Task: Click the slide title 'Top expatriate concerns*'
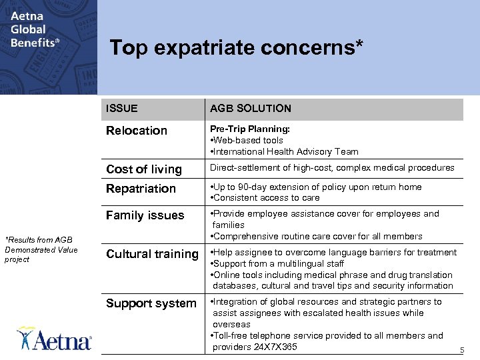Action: tap(237, 47)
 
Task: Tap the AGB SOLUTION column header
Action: tap(251, 108)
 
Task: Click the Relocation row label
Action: tap(137, 131)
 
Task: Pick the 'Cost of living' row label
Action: tap(144, 169)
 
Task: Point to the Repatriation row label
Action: tap(141, 189)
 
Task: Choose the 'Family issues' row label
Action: tap(145, 215)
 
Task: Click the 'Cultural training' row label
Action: tap(152, 254)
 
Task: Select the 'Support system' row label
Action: tap(151, 303)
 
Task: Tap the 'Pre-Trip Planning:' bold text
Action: tap(250, 129)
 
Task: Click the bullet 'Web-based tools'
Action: tap(247, 140)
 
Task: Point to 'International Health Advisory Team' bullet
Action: tap(285, 151)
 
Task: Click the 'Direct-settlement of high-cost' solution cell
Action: tap(332, 168)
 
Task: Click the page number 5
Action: tap(461, 351)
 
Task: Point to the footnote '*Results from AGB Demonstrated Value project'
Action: tap(41, 250)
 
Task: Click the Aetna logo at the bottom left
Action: tap(55, 339)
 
